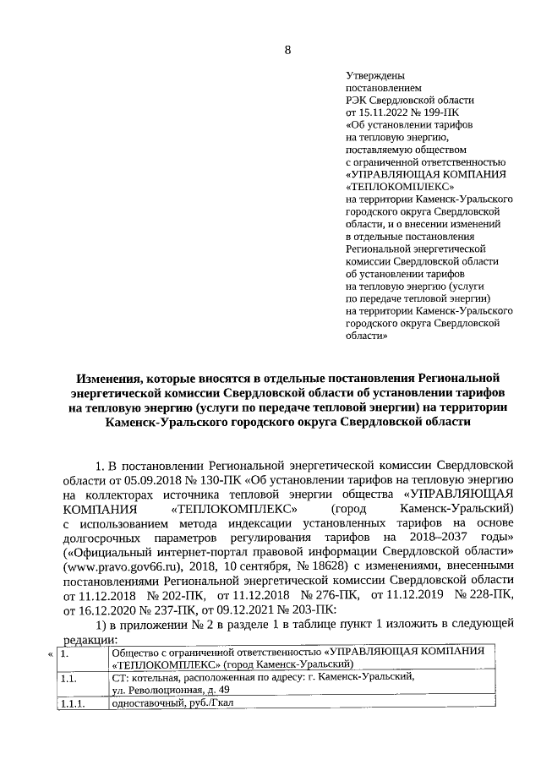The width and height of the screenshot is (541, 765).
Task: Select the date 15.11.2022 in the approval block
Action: point(385,111)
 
